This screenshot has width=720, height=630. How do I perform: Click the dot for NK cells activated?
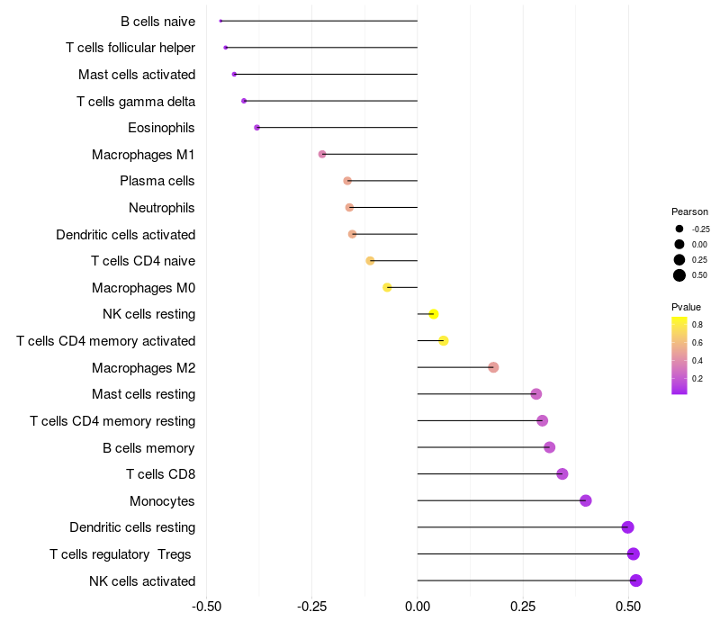point(635,580)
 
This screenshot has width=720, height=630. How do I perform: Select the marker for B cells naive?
point(220,21)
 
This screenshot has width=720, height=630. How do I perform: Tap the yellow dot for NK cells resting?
point(434,314)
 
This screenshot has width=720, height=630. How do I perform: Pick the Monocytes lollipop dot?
point(586,500)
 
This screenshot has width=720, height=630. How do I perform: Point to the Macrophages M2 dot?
point(493,367)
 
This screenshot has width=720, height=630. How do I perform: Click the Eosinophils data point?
point(256,128)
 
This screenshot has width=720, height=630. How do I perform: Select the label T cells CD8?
point(161,474)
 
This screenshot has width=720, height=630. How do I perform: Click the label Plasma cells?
point(157,181)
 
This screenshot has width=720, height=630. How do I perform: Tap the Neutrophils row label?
point(162,208)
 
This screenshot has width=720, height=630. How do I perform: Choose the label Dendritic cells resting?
point(132,527)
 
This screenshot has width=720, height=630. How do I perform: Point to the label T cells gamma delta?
point(136,101)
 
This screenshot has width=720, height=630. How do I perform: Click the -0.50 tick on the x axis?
point(207,607)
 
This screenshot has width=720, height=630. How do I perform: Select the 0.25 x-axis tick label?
point(523,607)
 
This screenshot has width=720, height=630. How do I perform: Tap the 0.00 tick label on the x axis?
point(418,607)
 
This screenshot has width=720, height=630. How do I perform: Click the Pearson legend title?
point(689,211)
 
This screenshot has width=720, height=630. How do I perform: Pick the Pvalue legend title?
point(686,307)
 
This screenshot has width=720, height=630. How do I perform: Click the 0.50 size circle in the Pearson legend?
point(679,275)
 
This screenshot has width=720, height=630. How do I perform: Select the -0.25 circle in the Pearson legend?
point(679,229)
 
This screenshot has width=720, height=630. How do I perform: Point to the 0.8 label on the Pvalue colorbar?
point(697,324)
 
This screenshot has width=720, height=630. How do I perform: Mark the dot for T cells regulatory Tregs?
point(634,553)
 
